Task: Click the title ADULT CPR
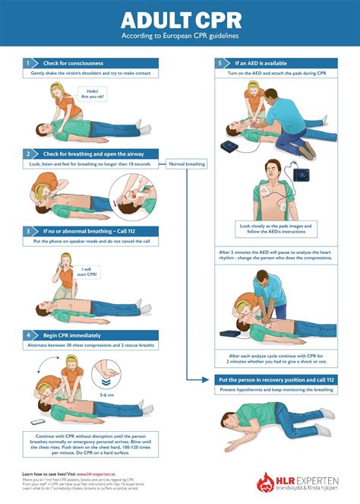[x=179, y=18]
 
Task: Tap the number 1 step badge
[x=27, y=63]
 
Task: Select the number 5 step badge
[x=219, y=63]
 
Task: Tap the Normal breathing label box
[x=186, y=163]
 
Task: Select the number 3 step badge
[x=27, y=230]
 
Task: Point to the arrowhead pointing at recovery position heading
[x=207, y=379]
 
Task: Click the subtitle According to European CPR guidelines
[x=179, y=36]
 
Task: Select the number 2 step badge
[x=27, y=154]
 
